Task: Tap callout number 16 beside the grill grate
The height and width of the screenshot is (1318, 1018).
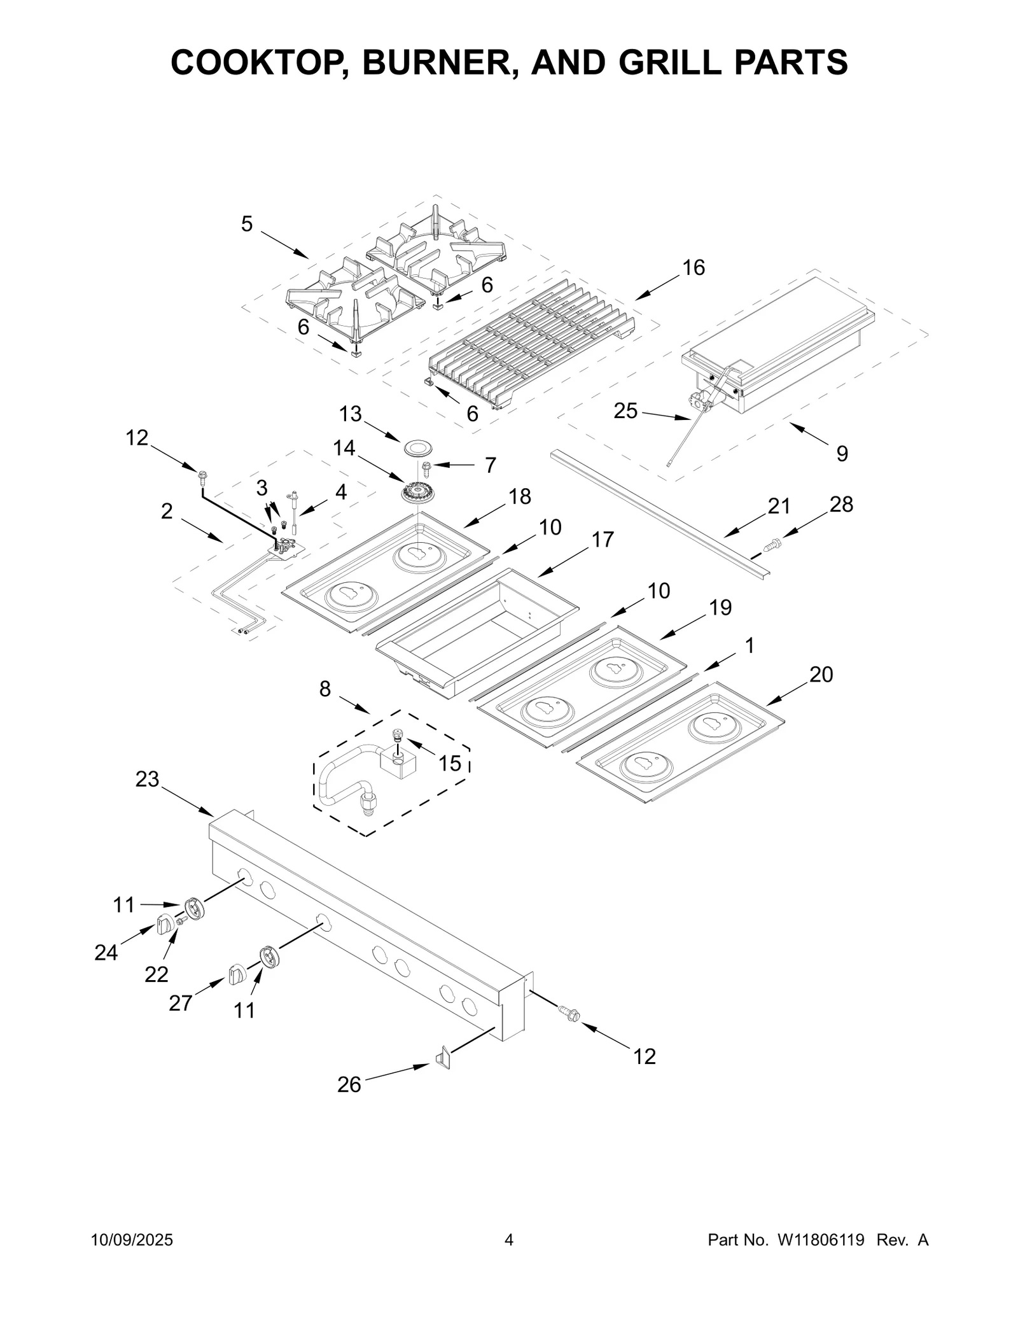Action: click(694, 268)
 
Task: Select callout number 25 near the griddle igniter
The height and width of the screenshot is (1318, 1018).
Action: click(625, 411)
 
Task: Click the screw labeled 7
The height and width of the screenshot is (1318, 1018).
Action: click(427, 466)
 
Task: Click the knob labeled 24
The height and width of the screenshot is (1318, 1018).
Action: click(165, 925)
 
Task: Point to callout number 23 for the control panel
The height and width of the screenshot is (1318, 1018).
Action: click(147, 780)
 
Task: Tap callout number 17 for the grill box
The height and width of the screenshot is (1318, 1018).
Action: click(603, 540)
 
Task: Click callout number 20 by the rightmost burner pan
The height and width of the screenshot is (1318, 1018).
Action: click(821, 675)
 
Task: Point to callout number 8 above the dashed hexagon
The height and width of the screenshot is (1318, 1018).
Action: click(325, 689)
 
